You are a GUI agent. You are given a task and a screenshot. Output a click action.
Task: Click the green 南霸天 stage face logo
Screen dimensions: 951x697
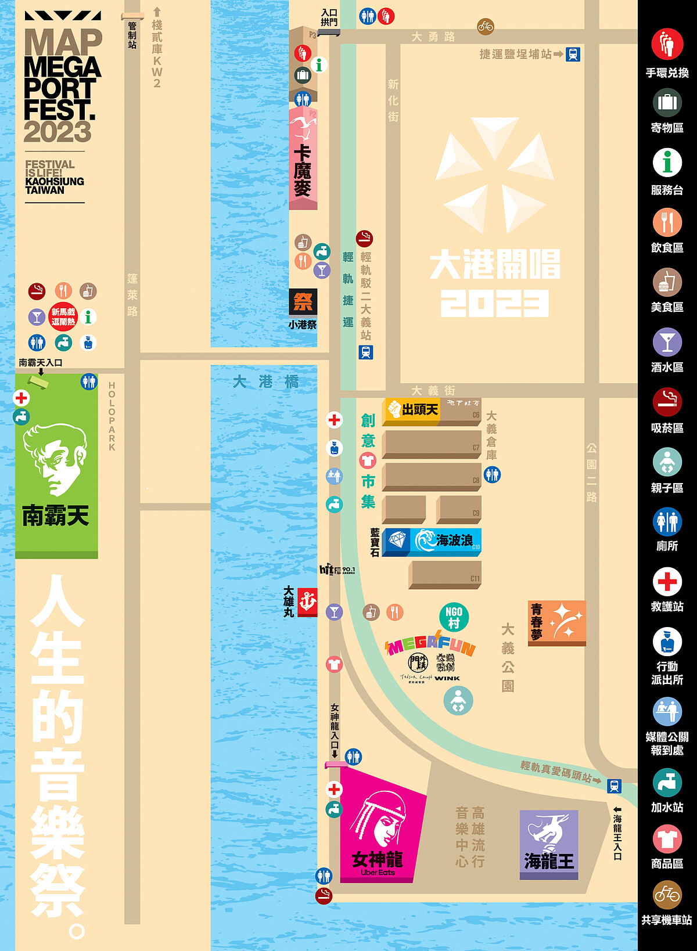[x=55, y=459]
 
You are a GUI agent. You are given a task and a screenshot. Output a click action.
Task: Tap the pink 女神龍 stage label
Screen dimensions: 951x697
[x=378, y=860]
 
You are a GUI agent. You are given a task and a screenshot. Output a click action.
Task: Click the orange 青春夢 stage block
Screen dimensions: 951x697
[x=557, y=622]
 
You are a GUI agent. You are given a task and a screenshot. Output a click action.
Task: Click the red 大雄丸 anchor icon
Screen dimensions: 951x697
[x=307, y=602]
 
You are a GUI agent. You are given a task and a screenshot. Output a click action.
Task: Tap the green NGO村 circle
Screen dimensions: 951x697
[x=454, y=617]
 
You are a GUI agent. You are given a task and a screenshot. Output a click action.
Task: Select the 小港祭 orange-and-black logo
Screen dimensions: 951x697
[x=303, y=302]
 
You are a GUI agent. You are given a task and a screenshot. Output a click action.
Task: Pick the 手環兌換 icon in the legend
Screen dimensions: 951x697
[x=667, y=44]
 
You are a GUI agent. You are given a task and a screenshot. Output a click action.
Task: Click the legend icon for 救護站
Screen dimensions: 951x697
[x=667, y=581]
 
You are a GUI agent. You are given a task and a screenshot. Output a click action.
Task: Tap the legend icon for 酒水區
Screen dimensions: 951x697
[x=667, y=343]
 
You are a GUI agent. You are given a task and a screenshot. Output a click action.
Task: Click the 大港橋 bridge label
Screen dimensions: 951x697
[x=265, y=382]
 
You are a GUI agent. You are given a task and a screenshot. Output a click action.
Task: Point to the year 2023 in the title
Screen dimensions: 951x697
[x=58, y=132]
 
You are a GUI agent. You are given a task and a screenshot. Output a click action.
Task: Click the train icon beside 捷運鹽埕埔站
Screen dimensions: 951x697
[x=573, y=54]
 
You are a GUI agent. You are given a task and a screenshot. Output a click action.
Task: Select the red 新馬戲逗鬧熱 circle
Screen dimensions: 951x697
[x=63, y=317]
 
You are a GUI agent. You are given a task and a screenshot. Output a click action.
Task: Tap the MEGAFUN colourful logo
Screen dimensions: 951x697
[x=430, y=644]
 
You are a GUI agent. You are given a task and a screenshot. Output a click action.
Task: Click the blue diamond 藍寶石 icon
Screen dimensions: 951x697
[x=397, y=541]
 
